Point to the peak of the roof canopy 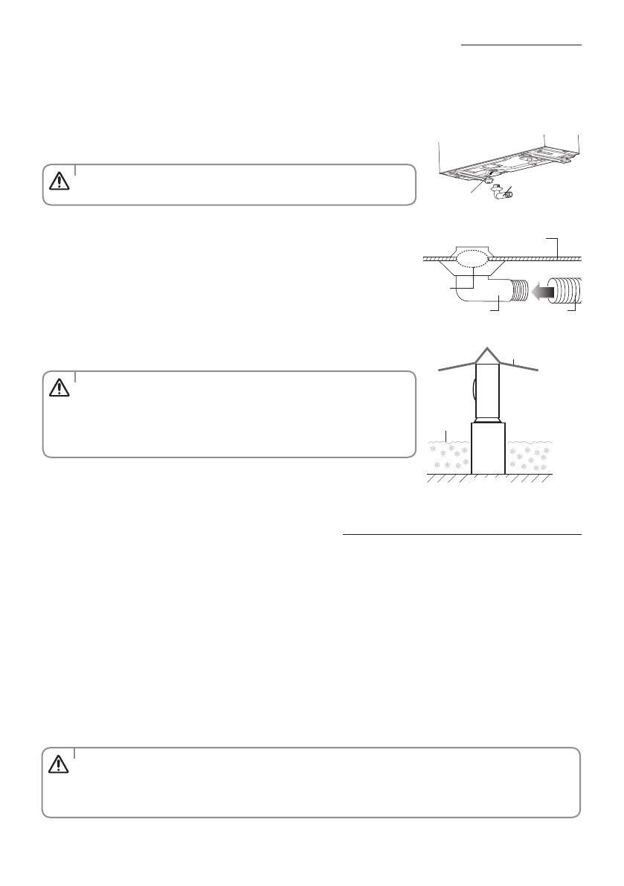489,350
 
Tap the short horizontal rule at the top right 521,44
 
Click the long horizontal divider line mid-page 462,534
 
